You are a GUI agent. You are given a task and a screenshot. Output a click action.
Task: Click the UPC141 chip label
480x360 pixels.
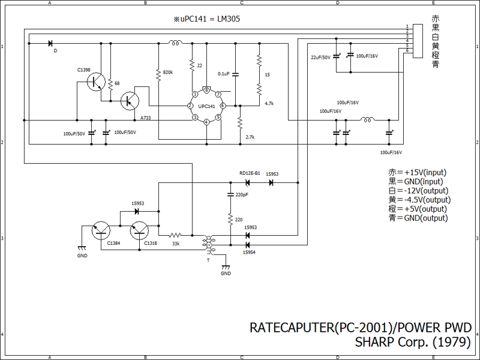[206, 106]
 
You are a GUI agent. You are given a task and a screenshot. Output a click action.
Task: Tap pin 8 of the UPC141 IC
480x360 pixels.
[206, 91]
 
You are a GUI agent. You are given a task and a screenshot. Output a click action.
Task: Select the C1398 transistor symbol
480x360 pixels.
[96, 82]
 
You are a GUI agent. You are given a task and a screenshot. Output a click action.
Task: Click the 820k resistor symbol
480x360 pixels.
[158, 74]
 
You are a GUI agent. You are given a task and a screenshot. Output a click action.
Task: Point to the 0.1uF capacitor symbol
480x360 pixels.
[235, 74]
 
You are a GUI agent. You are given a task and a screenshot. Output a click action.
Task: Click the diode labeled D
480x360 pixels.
[50, 43]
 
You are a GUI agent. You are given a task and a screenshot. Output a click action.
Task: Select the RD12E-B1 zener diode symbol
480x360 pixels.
[247, 183]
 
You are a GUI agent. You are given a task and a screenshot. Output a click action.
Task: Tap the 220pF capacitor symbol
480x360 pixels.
[230, 194]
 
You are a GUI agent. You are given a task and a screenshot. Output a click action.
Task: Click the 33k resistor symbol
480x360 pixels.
[175, 235]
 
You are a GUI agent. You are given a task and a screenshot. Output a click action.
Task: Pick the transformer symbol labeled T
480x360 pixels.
[209, 245]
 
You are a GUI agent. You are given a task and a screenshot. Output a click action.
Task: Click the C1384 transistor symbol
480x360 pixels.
[101, 231]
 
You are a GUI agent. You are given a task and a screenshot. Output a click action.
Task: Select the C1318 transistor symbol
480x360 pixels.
[139, 231]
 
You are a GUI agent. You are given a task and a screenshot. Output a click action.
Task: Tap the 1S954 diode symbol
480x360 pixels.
[247, 245]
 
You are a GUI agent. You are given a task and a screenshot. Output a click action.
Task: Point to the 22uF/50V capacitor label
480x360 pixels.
[320, 58]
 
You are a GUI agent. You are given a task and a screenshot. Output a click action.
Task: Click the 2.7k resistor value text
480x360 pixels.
[250, 137]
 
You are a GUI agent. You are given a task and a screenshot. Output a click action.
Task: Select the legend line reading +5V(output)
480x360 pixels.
[418, 209]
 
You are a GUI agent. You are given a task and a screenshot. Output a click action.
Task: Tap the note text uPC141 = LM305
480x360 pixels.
[206, 19]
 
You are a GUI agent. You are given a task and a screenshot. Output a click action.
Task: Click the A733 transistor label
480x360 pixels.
[145, 118]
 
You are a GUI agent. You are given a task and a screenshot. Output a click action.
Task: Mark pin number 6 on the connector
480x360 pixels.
[407, 50]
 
